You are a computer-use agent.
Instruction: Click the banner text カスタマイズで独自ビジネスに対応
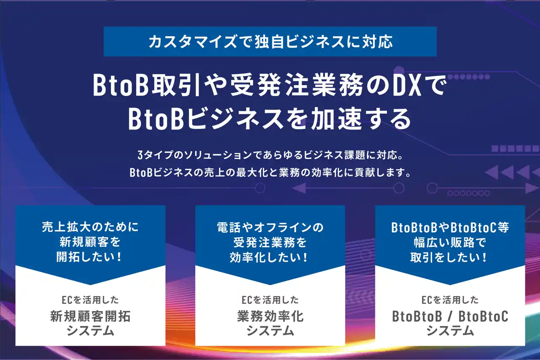point(270,42)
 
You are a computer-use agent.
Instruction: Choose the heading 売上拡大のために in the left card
point(90,227)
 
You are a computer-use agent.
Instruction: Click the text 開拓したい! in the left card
point(89,257)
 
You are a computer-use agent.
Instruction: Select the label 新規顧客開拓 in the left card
point(90,316)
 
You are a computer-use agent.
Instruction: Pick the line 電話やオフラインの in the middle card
point(270,227)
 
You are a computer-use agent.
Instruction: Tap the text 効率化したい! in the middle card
point(269,257)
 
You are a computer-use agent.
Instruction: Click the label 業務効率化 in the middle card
point(270,316)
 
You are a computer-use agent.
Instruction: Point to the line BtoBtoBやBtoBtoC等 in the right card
point(450,227)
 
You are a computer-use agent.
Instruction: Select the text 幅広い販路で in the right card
point(450,242)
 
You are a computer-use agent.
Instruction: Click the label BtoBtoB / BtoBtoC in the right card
point(450,316)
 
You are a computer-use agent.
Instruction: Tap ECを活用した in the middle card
point(270,300)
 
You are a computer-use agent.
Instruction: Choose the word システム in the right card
point(450,330)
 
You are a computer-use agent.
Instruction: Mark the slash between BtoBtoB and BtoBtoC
point(450,317)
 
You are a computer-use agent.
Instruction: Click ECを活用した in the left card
point(90,300)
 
